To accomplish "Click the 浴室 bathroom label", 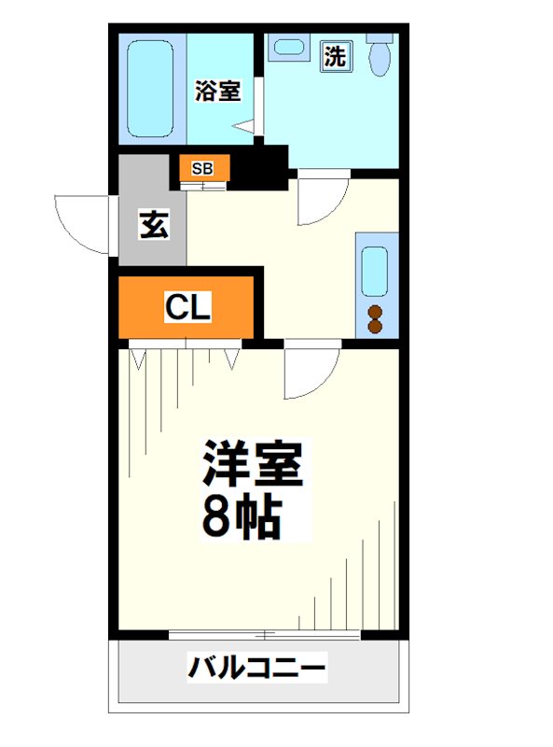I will (217, 92).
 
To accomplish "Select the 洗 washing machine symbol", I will (335, 56).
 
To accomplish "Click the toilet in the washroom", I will (380, 57).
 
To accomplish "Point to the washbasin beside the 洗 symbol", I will (286, 47).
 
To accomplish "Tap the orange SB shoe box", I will (202, 169).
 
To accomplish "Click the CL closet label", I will (188, 306).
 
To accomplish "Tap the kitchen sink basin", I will (375, 272).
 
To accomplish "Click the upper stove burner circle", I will (375, 312).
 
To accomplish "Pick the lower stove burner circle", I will (375, 326).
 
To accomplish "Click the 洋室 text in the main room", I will (254, 465).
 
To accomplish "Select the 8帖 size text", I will (241, 519).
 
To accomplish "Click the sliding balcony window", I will (265, 635).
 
